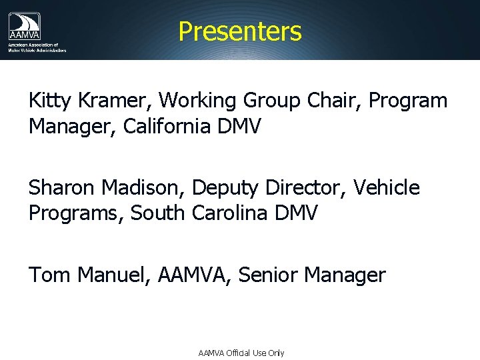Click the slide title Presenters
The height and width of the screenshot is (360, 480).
(240, 31)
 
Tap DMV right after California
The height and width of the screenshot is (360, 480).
(239, 126)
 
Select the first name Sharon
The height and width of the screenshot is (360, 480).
(61, 189)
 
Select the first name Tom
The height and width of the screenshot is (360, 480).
(49, 275)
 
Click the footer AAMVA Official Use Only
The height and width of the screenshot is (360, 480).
(241, 353)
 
